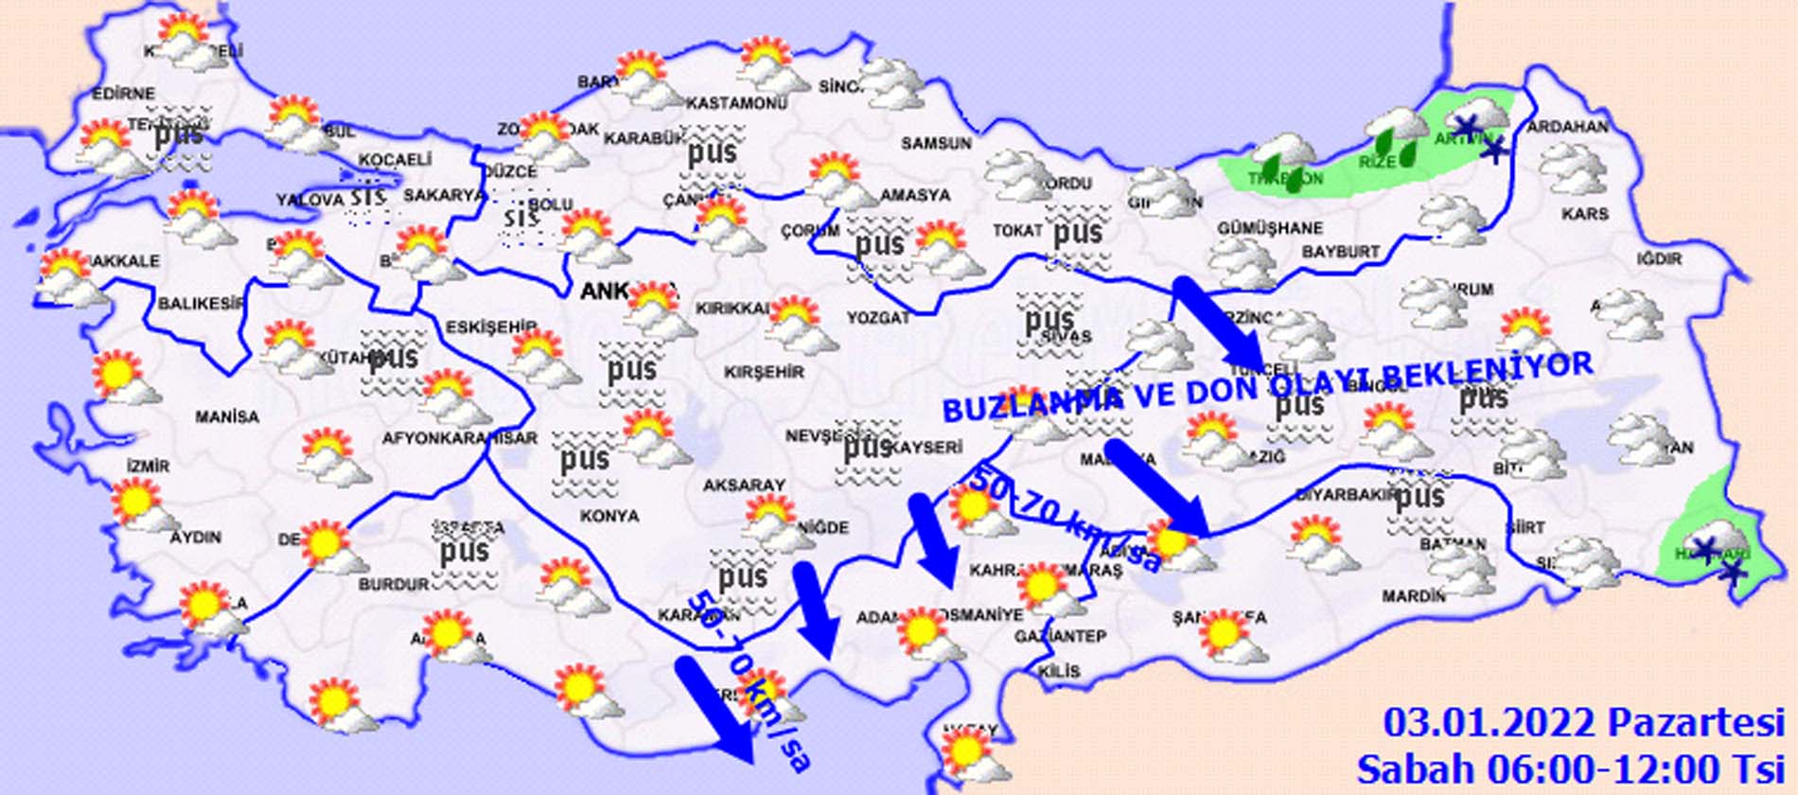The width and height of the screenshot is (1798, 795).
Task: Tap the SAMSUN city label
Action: tap(935, 144)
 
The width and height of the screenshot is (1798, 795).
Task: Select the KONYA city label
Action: tap(609, 516)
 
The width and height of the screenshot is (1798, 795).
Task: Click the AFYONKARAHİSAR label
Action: tap(459, 438)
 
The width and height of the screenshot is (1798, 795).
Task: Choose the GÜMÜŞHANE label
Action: tap(1270, 228)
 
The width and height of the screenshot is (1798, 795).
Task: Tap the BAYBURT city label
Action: tap(1340, 252)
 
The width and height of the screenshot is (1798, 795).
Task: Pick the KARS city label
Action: tap(1585, 214)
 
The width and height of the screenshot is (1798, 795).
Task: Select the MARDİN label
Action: tap(1414, 596)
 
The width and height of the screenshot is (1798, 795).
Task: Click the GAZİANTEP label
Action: tap(1060, 637)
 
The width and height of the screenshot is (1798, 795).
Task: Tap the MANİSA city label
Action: tap(227, 416)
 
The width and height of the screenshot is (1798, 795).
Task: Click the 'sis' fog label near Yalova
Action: tap(367, 197)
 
